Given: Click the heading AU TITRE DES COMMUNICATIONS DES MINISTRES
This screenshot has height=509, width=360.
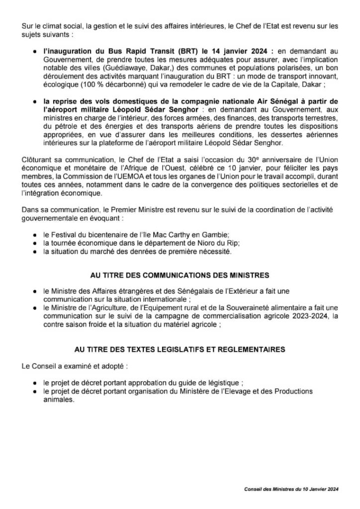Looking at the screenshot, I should (180, 274).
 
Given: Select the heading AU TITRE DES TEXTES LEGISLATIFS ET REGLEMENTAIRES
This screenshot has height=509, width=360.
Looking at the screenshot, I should (180, 349).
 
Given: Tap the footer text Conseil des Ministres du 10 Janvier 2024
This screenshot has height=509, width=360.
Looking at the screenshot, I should (291, 490).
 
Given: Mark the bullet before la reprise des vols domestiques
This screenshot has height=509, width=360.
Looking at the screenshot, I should (34, 102).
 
